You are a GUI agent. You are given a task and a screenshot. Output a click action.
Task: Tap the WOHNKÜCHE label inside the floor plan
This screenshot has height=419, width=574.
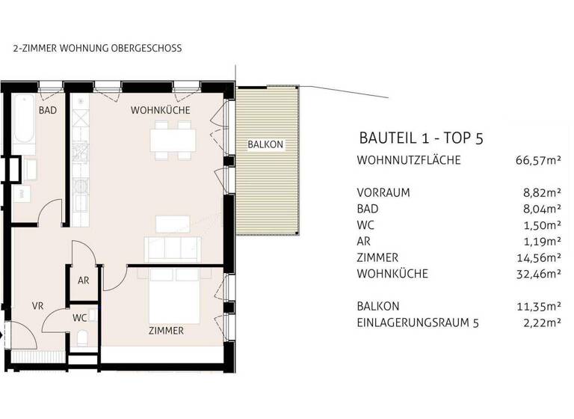[160, 110]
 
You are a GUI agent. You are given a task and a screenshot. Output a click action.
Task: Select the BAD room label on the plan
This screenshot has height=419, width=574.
[48, 111]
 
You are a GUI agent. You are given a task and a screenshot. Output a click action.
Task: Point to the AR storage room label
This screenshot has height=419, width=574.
[84, 281]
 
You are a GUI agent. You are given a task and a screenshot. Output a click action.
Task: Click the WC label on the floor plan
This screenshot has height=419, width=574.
[79, 317]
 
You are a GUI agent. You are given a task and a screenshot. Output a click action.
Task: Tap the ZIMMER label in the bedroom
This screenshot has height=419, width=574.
[166, 330]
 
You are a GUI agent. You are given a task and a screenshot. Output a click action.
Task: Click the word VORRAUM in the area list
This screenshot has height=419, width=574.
[384, 192]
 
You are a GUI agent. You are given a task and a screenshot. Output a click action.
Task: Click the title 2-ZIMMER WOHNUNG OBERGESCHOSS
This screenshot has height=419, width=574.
[97, 48]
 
